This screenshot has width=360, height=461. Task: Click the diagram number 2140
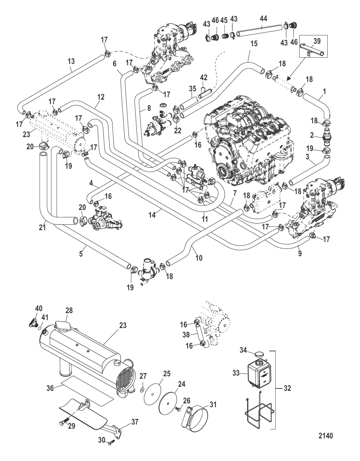(325, 435)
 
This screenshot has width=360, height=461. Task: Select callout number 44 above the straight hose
(263, 19)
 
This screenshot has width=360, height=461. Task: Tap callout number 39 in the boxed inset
(316, 41)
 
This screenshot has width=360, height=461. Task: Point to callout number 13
(71, 61)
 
